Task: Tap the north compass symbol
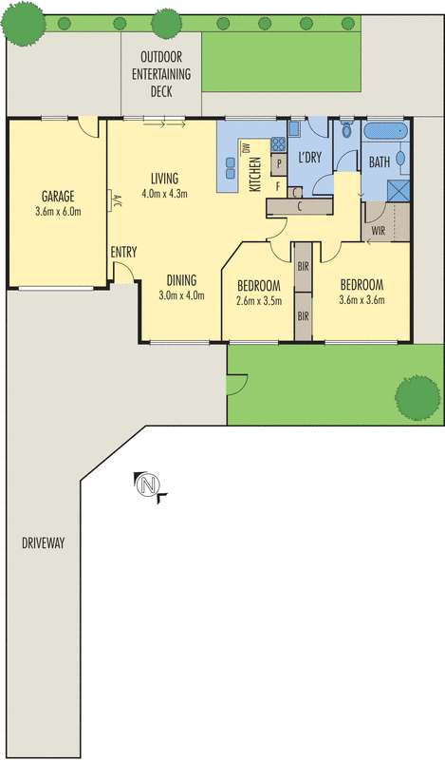[x=148, y=486]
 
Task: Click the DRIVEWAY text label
[x=42, y=543]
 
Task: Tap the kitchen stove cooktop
[x=278, y=145]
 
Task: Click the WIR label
[x=378, y=229]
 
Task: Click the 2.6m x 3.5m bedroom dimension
[x=257, y=302]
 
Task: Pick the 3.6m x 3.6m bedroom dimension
[x=361, y=302]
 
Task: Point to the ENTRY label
[x=123, y=252]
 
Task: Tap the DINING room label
[x=181, y=279]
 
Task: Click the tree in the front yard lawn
[x=414, y=399]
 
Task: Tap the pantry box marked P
[x=280, y=164]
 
